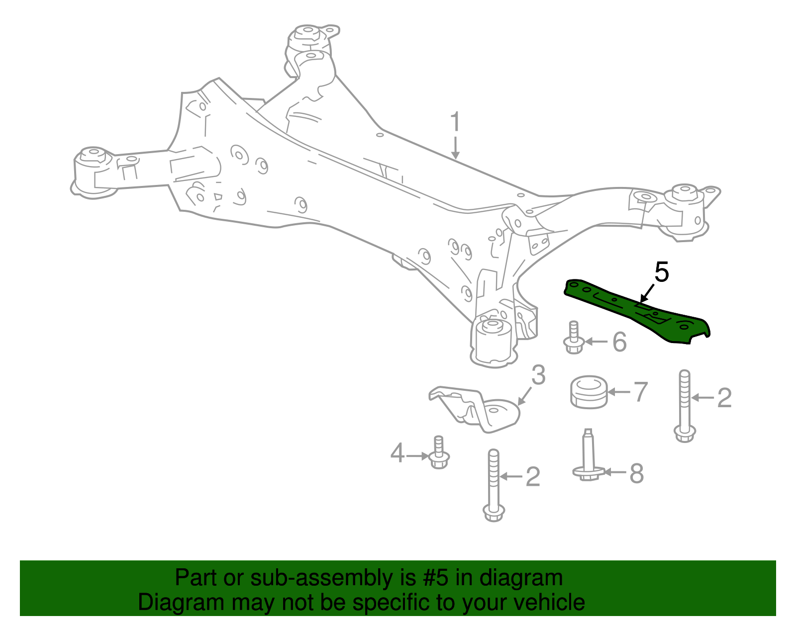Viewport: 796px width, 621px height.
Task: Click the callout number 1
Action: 455,122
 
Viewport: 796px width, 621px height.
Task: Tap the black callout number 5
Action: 662,272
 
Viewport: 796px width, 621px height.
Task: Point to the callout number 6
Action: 619,342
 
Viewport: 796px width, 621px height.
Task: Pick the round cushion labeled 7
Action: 589,393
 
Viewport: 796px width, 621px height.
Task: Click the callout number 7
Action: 641,392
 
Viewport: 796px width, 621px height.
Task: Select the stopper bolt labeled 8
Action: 589,457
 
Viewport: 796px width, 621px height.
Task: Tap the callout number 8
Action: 636,474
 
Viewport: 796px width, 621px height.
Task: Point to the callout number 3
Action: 538,375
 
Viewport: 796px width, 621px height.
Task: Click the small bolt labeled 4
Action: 439,453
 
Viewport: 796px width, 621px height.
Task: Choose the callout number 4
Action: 397,453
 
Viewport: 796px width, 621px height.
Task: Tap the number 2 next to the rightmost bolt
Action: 724,398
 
